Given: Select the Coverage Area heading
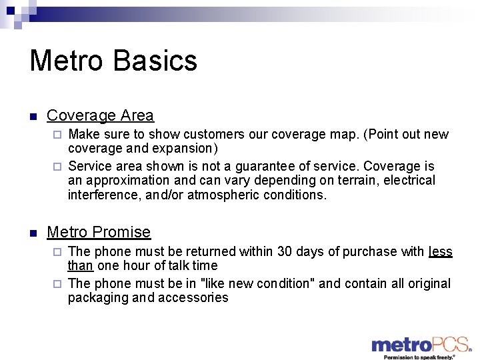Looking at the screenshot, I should pos(100,115).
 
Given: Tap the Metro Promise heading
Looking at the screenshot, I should pos(99,232).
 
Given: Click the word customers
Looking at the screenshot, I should pos(210,135).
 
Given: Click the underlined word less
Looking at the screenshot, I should pos(440,252).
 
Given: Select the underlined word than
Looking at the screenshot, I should pos(80,266).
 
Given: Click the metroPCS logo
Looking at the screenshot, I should pos(420,345).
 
